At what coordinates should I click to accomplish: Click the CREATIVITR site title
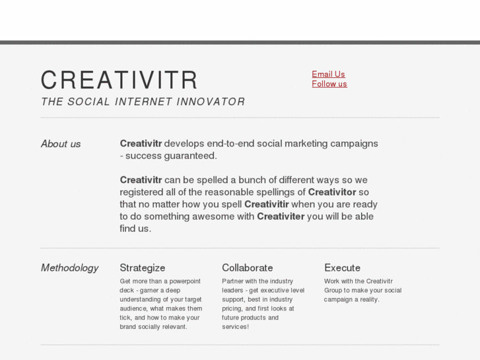(x=120, y=81)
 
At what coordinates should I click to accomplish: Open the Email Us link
(x=328, y=74)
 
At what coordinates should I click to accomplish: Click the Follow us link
(x=329, y=84)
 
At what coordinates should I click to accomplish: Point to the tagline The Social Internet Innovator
(x=143, y=102)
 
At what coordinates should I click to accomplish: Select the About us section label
(x=61, y=144)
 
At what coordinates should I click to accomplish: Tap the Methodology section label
(x=69, y=268)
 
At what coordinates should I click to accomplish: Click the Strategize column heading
(x=142, y=268)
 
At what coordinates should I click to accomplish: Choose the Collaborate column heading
(x=247, y=268)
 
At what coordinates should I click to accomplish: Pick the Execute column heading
(x=342, y=268)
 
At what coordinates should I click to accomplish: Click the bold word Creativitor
(x=332, y=192)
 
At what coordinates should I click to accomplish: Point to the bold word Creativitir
(x=267, y=204)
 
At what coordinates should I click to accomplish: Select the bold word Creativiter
(x=281, y=216)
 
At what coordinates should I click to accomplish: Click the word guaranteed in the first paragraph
(x=190, y=156)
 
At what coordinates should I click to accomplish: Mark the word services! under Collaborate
(x=236, y=326)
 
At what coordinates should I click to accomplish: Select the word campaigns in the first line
(x=355, y=143)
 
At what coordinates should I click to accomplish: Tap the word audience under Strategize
(x=133, y=308)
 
